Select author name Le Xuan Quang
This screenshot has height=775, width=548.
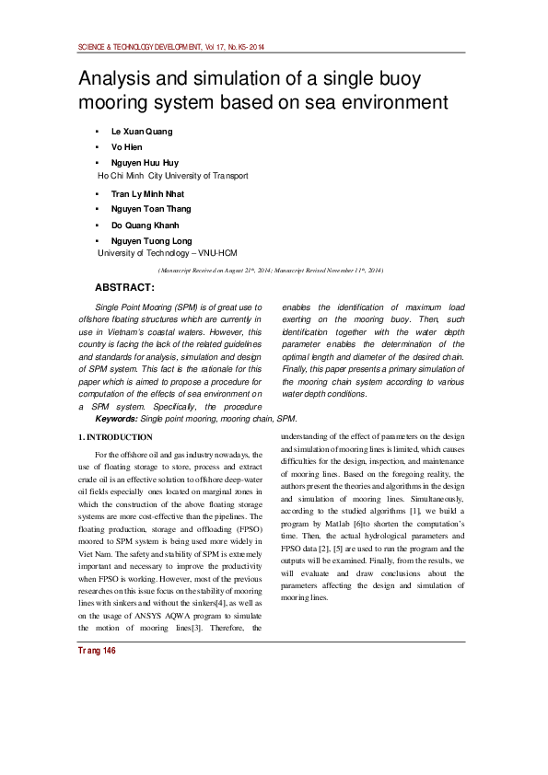coord(141,132)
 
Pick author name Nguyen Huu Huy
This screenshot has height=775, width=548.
coord(145,162)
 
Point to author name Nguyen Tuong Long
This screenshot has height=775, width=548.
coord(151,241)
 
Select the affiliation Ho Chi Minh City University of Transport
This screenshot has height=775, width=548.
coord(172,174)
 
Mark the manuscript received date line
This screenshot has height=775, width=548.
coord(271,270)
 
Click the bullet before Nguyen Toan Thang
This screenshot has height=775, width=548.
coord(98,210)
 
